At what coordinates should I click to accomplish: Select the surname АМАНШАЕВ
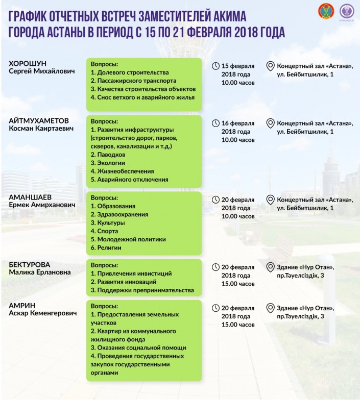click(30, 196)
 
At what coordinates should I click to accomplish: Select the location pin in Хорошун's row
click(271, 66)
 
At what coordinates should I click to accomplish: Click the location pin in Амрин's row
click(271, 308)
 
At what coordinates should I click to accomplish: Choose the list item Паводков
click(107, 155)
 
